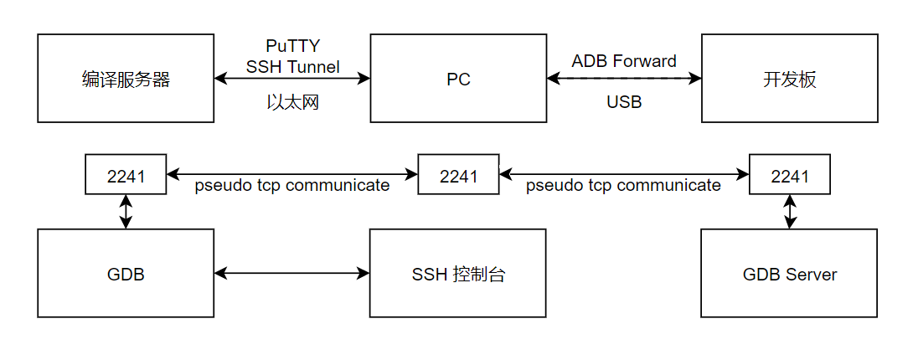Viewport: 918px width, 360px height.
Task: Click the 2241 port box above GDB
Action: [126, 176]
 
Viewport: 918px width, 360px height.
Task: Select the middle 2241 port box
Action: [458, 176]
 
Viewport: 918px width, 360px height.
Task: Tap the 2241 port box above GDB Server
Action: [789, 176]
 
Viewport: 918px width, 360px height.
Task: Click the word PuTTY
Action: [292, 46]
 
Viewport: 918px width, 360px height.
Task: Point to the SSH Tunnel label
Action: [292, 67]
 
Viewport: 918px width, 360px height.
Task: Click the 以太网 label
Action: [292, 103]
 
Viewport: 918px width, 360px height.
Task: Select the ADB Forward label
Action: [624, 61]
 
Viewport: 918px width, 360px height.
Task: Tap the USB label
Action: [624, 102]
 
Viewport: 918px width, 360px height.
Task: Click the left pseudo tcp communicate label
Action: [292, 186]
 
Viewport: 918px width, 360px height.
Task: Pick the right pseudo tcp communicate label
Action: [624, 186]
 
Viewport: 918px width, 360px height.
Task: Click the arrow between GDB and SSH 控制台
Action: [292, 273]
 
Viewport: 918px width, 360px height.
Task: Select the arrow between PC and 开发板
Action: [624, 79]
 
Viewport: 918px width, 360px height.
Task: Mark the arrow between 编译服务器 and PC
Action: [292, 79]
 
